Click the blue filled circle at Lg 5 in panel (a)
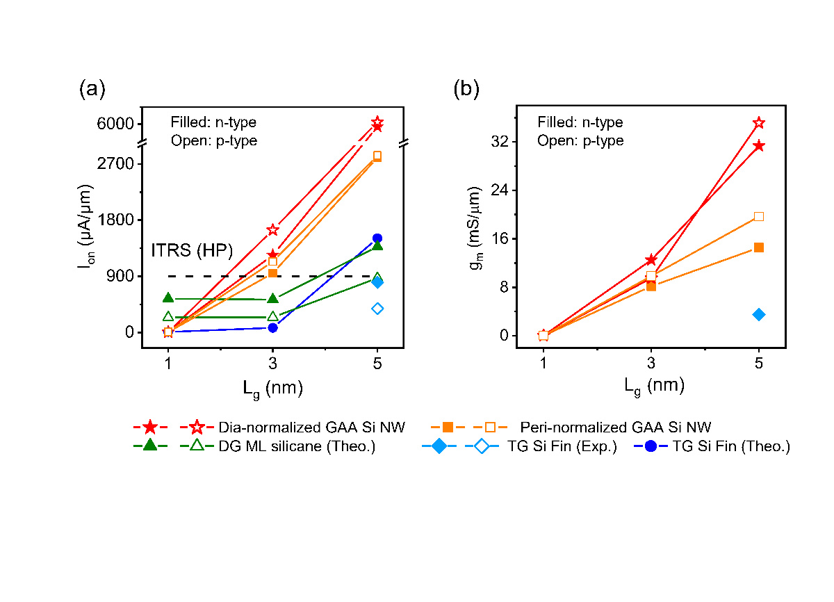[x=377, y=238]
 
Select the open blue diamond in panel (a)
[x=377, y=309]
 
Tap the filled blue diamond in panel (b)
[x=759, y=315]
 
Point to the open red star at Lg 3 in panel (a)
[x=273, y=229]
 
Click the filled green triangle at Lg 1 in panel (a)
[x=168, y=298]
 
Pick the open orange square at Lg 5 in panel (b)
[x=759, y=217]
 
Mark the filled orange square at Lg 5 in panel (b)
[x=759, y=247]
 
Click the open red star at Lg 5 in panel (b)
[x=759, y=123]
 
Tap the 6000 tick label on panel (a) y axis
[x=115, y=124]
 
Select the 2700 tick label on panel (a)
[x=115, y=164]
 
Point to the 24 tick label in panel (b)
[x=500, y=190]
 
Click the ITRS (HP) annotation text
[x=192, y=250]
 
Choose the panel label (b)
[x=466, y=90]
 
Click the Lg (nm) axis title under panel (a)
[x=273, y=389]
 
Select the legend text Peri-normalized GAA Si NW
[x=616, y=428]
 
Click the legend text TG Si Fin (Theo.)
[x=731, y=446]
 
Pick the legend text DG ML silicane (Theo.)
[x=297, y=446]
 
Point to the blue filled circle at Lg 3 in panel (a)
[x=273, y=328]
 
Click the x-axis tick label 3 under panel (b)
[x=651, y=363]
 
